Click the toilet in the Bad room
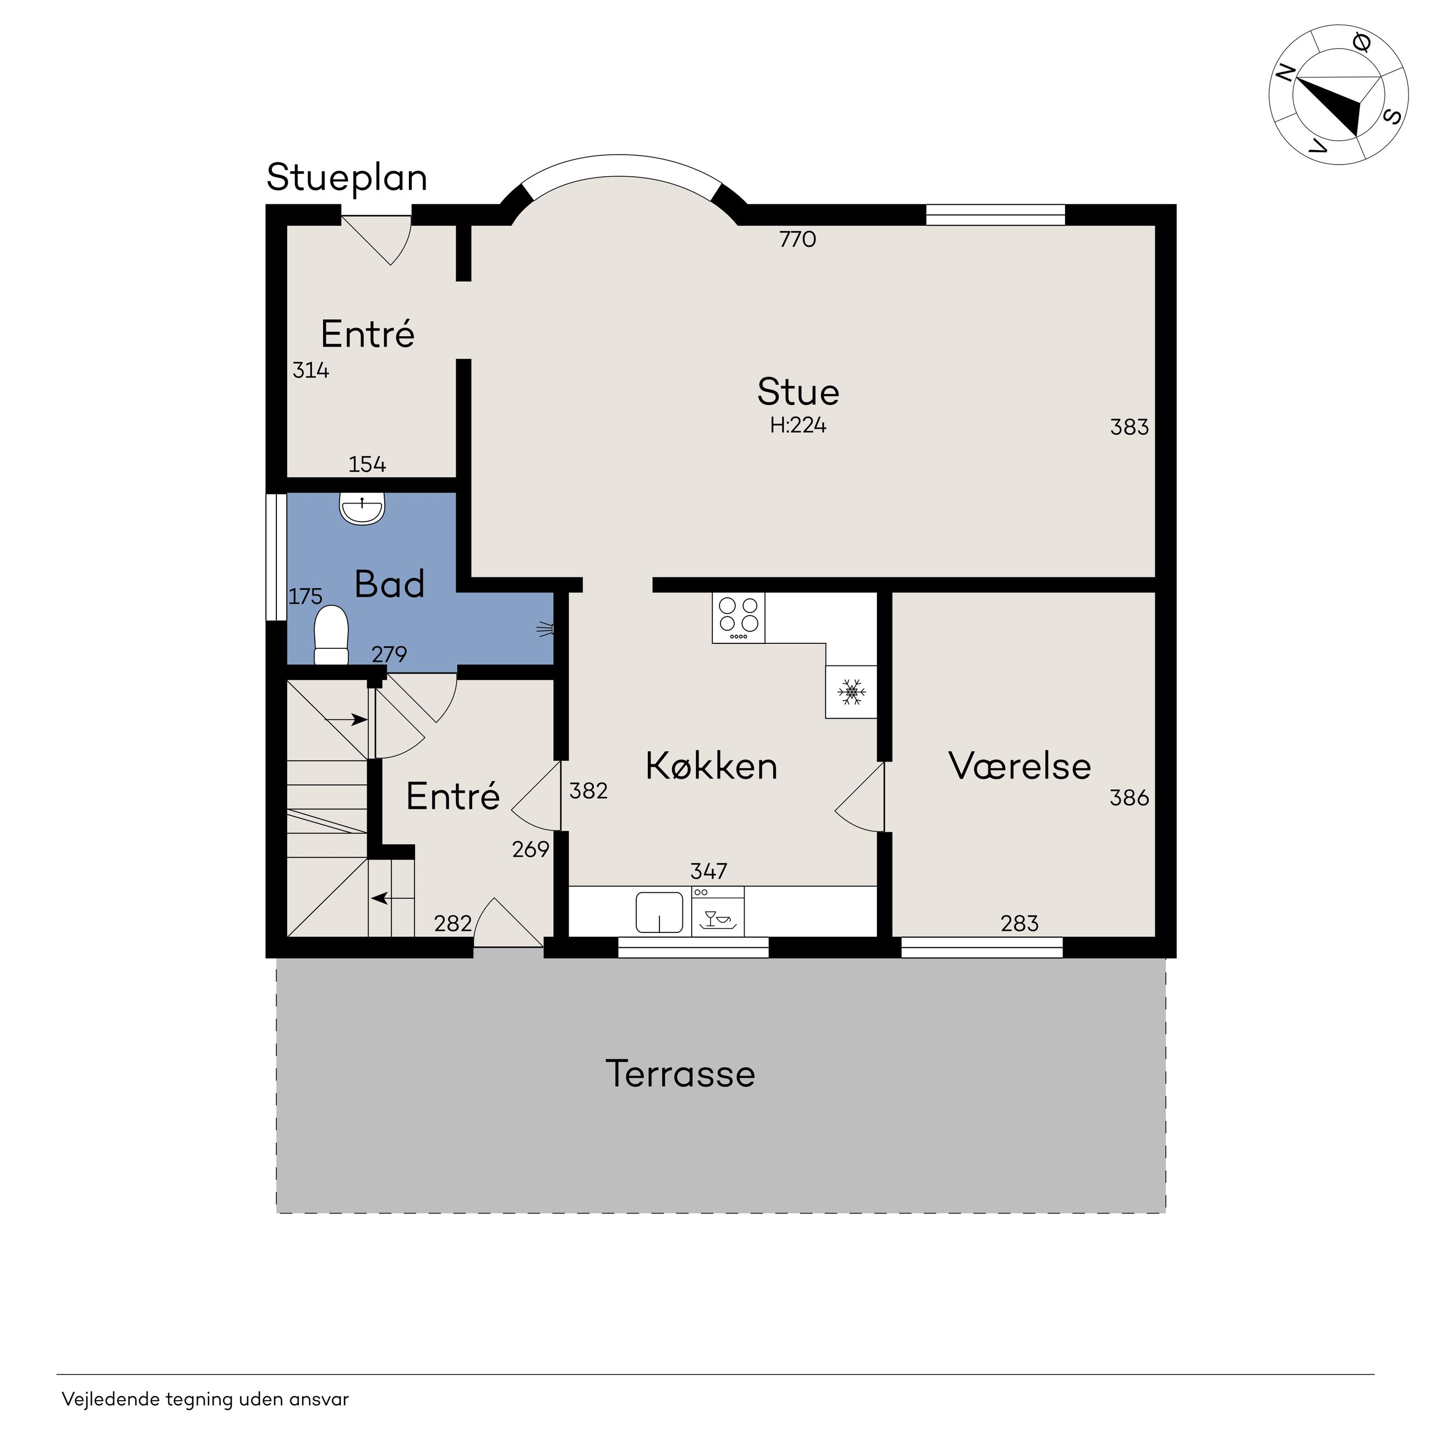click(x=331, y=635)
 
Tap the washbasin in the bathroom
click(x=362, y=509)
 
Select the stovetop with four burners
click(x=739, y=618)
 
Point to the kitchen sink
click(x=659, y=913)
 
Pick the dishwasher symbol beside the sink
click(x=718, y=912)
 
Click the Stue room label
click(x=798, y=392)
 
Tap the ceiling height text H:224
click(x=798, y=425)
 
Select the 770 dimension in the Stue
click(x=798, y=239)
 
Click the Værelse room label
click(x=1019, y=766)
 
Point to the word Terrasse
click(x=680, y=1073)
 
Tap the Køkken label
click(x=711, y=766)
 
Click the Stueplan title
click(x=347, y=178)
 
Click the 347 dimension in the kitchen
click(x=709, y=870)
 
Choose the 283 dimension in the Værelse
click(x=1019, y=924)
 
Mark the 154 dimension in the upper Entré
click(x=367, y=465)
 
